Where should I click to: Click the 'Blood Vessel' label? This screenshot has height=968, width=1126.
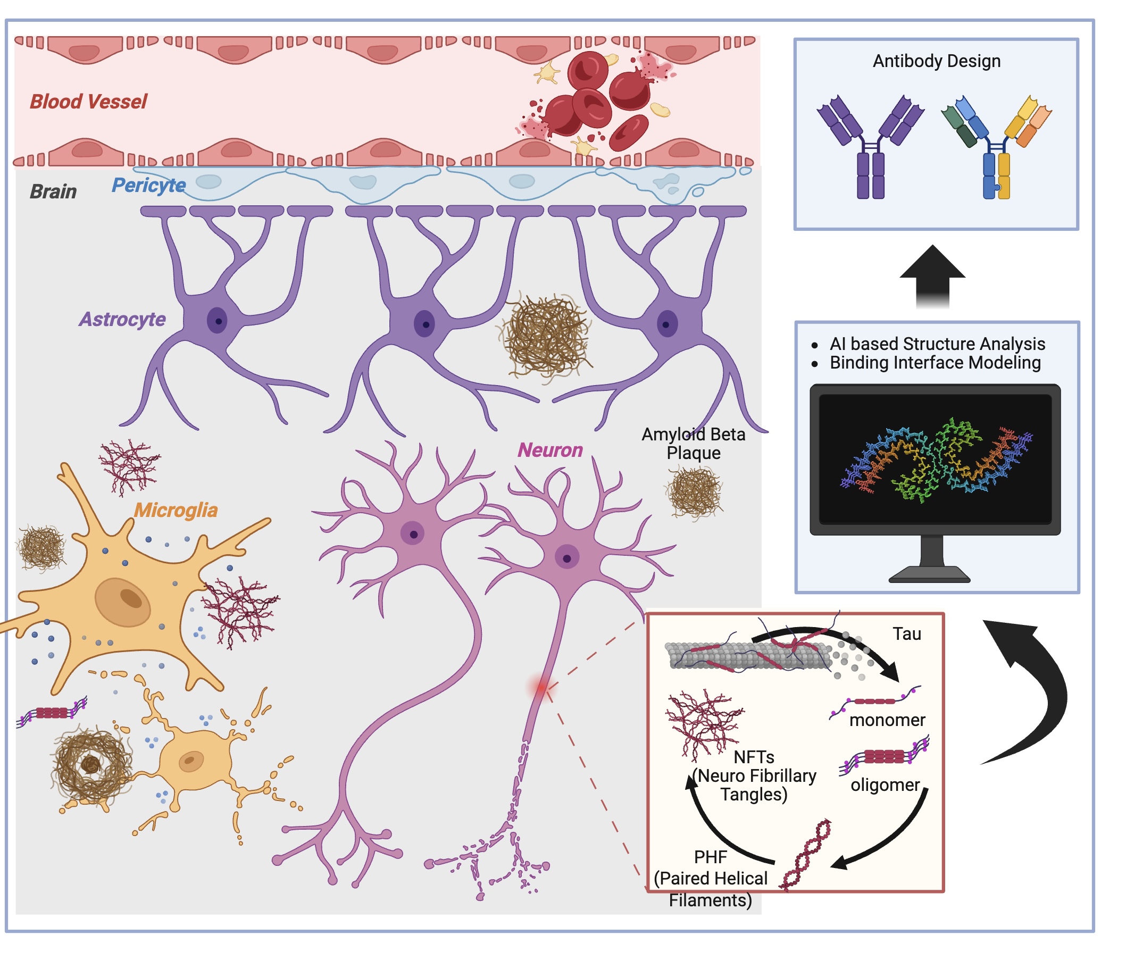click(x=89, y=102)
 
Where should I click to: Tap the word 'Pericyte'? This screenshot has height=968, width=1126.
click(x=148, y=186)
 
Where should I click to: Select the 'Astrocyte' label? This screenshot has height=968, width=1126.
click(x=122, y=320)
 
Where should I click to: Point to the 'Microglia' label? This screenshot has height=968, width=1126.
click(x=176, y=511)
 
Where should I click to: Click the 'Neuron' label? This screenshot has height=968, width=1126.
click(x=550, y=450)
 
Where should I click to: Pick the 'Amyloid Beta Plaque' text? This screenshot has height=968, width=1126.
click(x=694, y=444)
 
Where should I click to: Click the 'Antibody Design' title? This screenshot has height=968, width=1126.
click(x=936, y=61)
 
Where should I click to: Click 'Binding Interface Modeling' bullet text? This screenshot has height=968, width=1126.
click(x=935, y=363)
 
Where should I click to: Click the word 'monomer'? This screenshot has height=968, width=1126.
click(x=887, y=720)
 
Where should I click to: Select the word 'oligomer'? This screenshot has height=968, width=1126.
click(x=885, y=785)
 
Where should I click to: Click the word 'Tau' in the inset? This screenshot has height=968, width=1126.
click(x=906, y=634)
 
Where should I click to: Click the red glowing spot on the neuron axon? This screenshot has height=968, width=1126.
click(x=541, y=687)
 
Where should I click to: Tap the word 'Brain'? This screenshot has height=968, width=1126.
click(x=53, y=192)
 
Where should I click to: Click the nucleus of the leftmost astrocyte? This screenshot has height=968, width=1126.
click(x=218, y=321)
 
